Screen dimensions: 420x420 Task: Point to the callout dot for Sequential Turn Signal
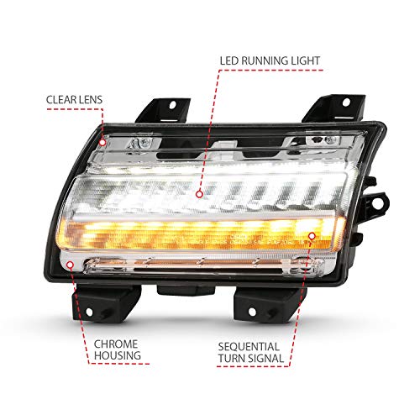(x=311, y=239)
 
